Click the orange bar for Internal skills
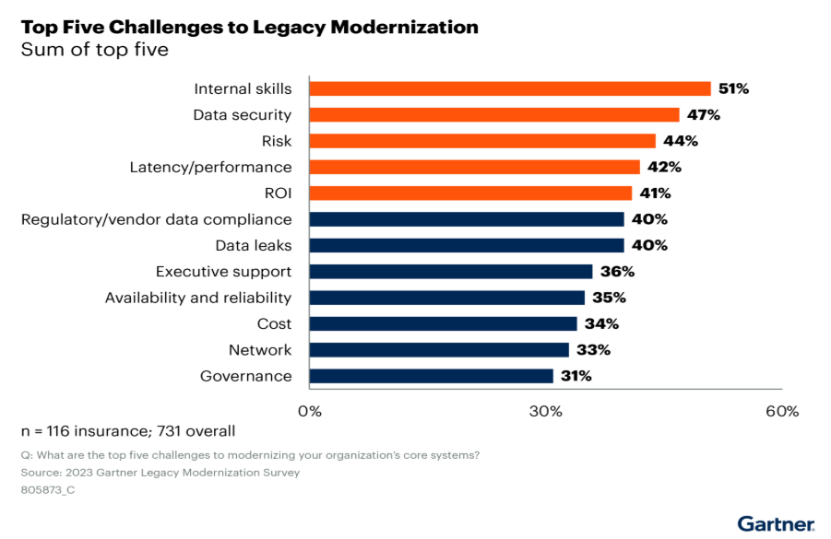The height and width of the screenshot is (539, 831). (x=509, y=89)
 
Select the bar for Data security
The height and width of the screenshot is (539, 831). (x=493, y=115)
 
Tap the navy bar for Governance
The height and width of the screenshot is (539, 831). (x=431, y=376)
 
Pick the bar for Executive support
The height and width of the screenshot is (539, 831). (x=450, y=272)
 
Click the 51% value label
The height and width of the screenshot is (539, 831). (x=734, y=89)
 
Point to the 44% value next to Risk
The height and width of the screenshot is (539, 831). (x=681, y=141)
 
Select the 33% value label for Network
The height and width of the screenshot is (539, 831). (x=594, y=350)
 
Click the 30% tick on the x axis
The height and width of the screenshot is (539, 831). (x=545, y=411)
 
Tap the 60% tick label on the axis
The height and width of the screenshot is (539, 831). (x=781, y=411)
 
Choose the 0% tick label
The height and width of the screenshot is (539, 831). (x=310, y=411)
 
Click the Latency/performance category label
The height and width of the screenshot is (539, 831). (x=210, y=168)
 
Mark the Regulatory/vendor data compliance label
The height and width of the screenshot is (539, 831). (x=156, y=219)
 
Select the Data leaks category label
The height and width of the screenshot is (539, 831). (x=253, y=246)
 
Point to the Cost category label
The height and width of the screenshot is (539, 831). (x=274, y=324)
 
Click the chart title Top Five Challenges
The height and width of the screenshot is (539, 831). (x=249, y=27)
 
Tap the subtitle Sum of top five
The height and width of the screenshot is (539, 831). (x=95, y=50)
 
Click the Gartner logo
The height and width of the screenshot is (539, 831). (x=776, y=523)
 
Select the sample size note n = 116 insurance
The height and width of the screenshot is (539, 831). (x=128, y=431)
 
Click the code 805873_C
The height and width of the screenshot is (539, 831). (x=48, y=489)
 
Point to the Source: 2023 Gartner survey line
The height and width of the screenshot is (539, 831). (x=160, y=472)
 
